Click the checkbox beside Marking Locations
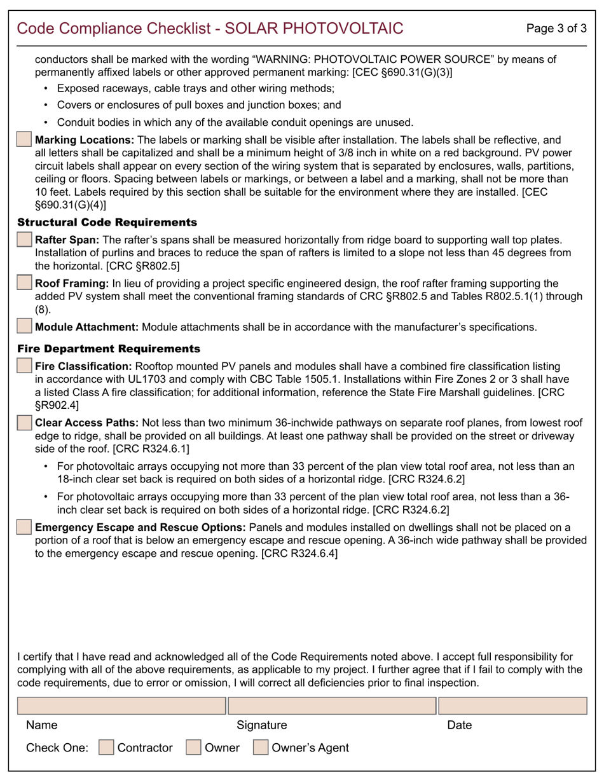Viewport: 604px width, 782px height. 24,140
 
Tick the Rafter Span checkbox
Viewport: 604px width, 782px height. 24,240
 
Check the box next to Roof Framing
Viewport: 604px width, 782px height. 24,283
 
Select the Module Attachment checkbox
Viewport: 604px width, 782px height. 24,327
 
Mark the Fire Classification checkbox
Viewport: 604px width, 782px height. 24,366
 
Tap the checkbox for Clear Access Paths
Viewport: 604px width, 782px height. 24,422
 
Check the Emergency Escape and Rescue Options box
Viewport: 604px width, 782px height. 24,527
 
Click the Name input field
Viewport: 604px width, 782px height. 121,706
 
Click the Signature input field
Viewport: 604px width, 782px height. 332,706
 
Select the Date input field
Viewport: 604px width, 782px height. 512,706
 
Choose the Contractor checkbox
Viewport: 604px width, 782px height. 107,748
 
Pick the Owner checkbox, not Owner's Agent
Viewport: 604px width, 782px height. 193,748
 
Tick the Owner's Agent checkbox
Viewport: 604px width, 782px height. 261,748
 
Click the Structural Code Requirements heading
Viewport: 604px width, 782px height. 107,223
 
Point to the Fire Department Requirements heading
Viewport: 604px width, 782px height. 109,349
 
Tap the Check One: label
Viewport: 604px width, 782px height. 57,748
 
